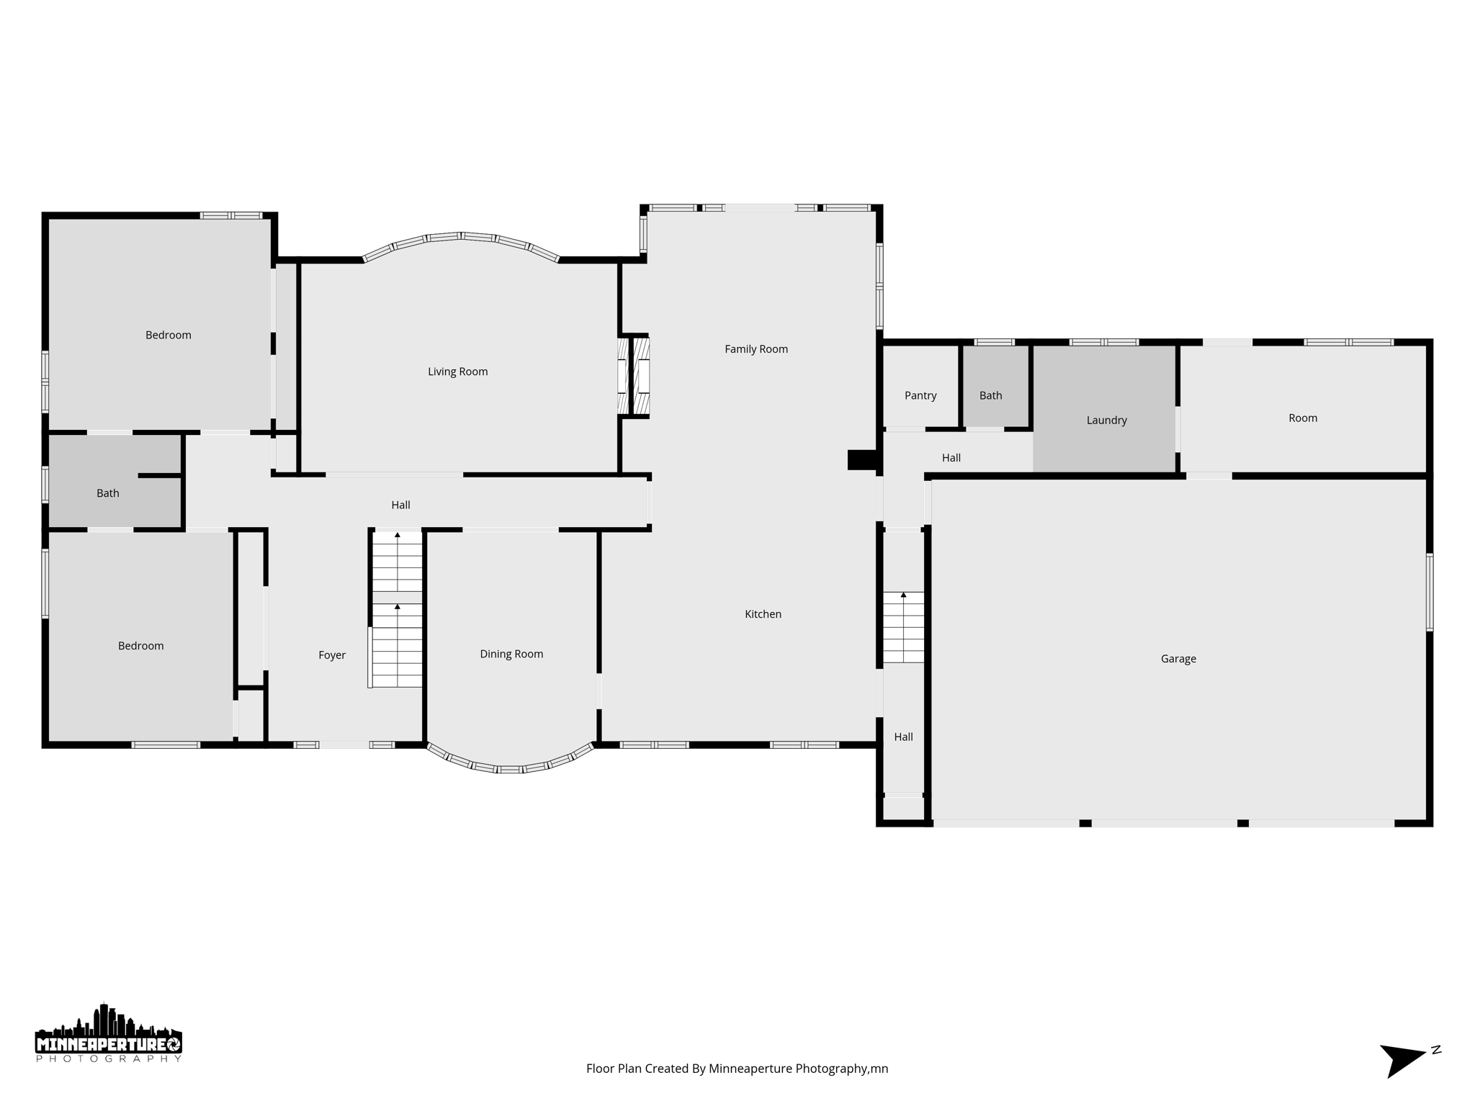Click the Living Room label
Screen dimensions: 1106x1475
(x=457, y=372)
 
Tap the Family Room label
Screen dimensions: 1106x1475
(x=756, y=349)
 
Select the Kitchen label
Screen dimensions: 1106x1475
(x=763, y=614)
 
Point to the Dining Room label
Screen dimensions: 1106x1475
(x=511, y=654)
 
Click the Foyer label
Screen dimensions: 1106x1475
(x=332, y=655)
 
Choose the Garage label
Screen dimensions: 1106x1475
(x=1178, y=659)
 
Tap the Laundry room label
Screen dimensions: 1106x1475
(x=1106, y=421)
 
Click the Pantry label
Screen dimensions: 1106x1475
(x=920, y=395)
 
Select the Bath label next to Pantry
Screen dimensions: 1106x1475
(x=990, y=395)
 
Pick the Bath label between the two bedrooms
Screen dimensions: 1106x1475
(x=108, y=493)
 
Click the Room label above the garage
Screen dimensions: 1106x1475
(x=1302, y=418)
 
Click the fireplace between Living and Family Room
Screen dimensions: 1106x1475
(x=634, y=375)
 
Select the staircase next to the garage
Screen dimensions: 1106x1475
(x=903, y=626)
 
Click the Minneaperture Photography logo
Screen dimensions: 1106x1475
(x=109, y=1034)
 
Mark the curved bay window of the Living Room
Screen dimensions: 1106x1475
(x=461, y=239)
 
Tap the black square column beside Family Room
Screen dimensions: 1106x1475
(x=861, y=459)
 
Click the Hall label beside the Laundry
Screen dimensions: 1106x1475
(x=951, y=458)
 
